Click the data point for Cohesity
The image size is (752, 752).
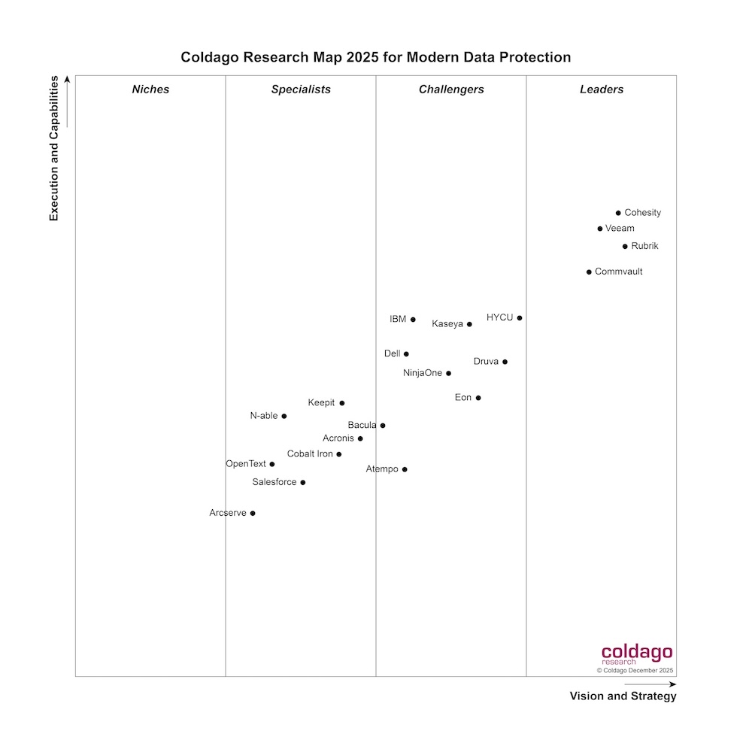tap(618, 213)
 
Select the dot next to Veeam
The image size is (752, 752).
tap(599, 229)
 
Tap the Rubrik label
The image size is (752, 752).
tap(644, 246)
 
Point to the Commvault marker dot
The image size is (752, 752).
tap(589, 272)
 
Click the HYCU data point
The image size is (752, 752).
tap(520, 318)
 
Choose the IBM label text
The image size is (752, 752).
tap(398, 320)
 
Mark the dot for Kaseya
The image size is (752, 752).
tap(469, 324)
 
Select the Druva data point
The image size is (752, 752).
tap(505, 362)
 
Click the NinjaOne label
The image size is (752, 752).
tap(423, 373)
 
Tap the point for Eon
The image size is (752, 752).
tap(478, 398)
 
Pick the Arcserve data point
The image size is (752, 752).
tap(253, 514)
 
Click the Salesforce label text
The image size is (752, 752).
tap(274, 482)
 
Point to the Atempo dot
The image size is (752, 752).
tap(405, 469)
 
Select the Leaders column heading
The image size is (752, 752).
tap(602, 89)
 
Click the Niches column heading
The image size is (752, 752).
tap(150, 89)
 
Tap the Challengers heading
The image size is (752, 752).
tap(451, 89)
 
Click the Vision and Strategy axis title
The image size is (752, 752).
tap(623, 696)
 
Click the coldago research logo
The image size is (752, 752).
tap(636, 654)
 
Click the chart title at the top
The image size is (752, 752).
tap(376, 57)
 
